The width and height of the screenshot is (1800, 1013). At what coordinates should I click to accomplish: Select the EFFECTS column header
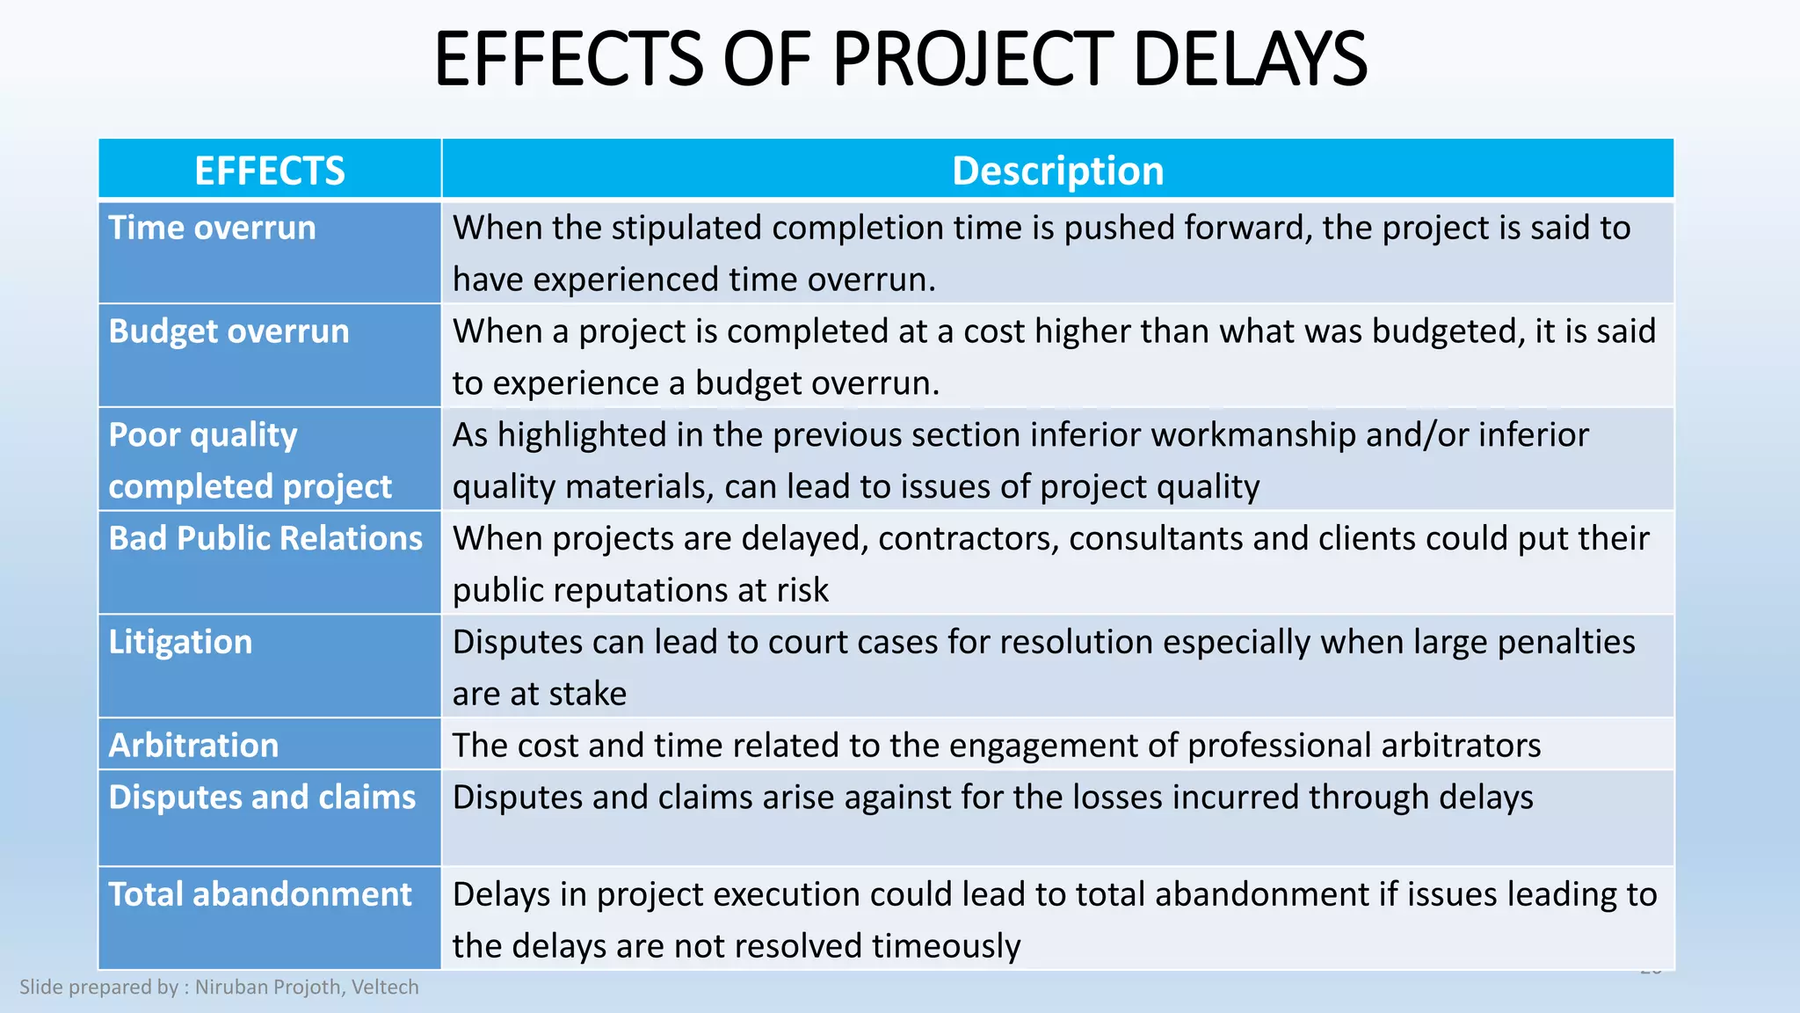270,171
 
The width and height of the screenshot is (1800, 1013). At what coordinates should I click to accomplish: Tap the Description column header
1057,171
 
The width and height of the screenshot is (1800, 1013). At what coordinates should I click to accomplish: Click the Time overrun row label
212,229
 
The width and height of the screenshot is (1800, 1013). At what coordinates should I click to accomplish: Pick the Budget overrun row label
229,332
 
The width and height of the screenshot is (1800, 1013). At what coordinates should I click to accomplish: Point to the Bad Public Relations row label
265,538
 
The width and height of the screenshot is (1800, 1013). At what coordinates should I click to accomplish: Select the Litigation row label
180,642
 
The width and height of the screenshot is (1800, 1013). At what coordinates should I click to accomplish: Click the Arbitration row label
193,746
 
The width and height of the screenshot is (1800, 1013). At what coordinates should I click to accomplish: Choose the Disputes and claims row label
262,798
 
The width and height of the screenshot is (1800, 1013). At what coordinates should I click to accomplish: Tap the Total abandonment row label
259,894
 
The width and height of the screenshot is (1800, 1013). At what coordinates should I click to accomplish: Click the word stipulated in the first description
686,229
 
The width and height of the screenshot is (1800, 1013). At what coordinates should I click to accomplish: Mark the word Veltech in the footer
385,987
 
